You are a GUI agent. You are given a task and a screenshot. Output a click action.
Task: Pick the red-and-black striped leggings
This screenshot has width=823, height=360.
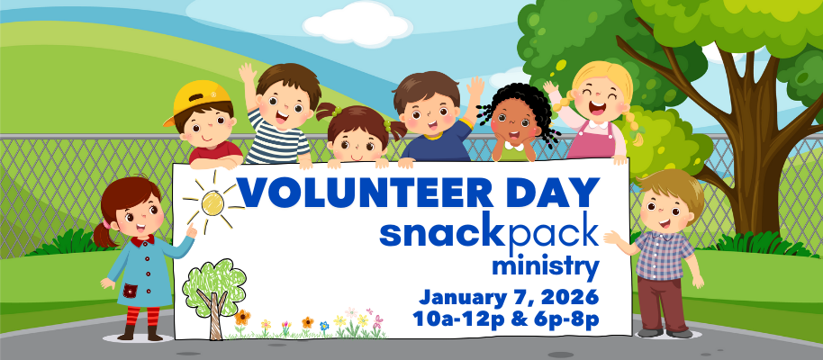[140, 319]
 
